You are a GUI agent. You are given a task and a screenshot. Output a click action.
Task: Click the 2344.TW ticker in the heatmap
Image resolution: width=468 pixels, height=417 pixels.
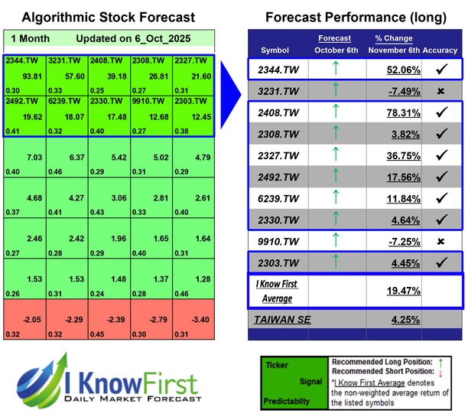click(x=21, y=60)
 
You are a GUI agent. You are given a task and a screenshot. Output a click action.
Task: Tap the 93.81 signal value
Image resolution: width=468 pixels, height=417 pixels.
click(x=32, y=76)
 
